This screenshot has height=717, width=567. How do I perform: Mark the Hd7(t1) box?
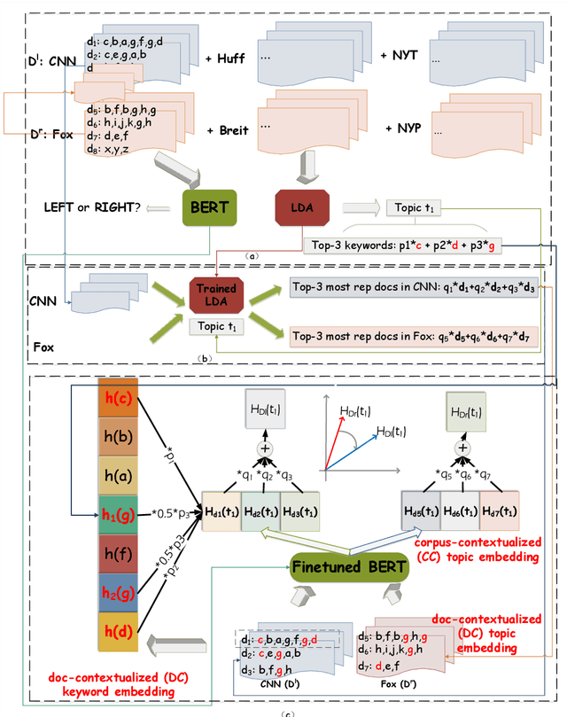pos(499,511)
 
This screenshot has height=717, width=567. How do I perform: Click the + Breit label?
pos(225,129)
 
